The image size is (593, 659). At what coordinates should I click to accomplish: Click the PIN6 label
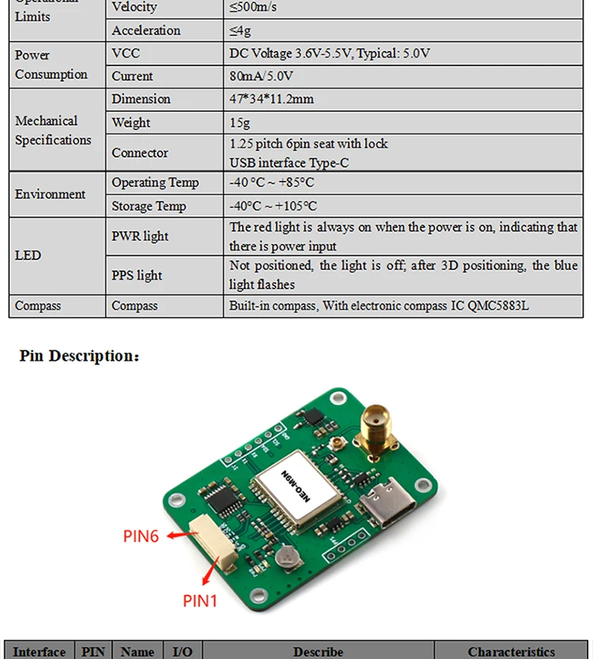pyautogui.click(x=141, y=536)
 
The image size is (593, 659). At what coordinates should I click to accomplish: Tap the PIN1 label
pyautogui.click(x=200, y=601)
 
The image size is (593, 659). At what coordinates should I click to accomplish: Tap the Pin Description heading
pyautogui.click(x=79, y=356)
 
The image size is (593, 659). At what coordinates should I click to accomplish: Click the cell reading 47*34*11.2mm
pyautogui.click(x=271, y=99)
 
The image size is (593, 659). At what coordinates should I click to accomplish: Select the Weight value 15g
pyautogui.click(x=240, y=123)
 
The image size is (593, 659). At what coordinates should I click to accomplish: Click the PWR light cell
pyautogui.click(x=140, y=237)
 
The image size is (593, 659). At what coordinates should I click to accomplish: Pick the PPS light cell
pyautogui.click(x=137, y=275)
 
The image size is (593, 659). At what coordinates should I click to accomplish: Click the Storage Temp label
pyautogui.click(x=149, y=206)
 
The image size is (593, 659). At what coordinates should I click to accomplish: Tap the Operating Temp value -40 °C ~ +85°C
pyautogui.click(x=271, y=183)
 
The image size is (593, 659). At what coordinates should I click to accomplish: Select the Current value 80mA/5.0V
pyautogui.click(x=261, y=76)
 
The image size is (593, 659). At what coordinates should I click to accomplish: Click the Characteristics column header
pyautogui.click(x=511, y=652)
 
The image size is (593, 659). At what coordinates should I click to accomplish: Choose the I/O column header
pyautogui.click(x=183, y=652)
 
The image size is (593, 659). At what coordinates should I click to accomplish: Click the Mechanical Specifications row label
pyautogui.click(x=53, y=131)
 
